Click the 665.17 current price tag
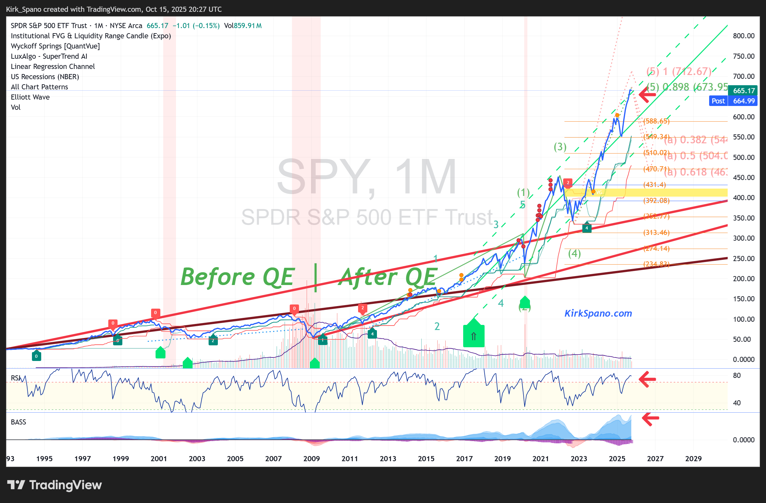tap(743, 91)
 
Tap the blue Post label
tap(718, 101)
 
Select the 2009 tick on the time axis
tap(311, 459)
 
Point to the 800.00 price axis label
tap(743, 36)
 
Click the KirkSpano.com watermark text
tap(598, 313)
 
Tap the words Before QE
tap(237, 277)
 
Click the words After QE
tap(388, 277)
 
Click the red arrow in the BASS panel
tap(650, 418)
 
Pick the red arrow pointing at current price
tap(647, 94)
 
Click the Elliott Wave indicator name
tap(30, 97)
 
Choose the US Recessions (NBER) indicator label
tap(45, 77)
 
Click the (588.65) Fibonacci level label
tap(656, 121)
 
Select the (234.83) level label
tap(656, 264)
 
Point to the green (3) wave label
tap(560, 147)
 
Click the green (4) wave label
tap(574, 253)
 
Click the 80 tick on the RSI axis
tap(737, 375)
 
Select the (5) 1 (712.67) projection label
tap(679, 71)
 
